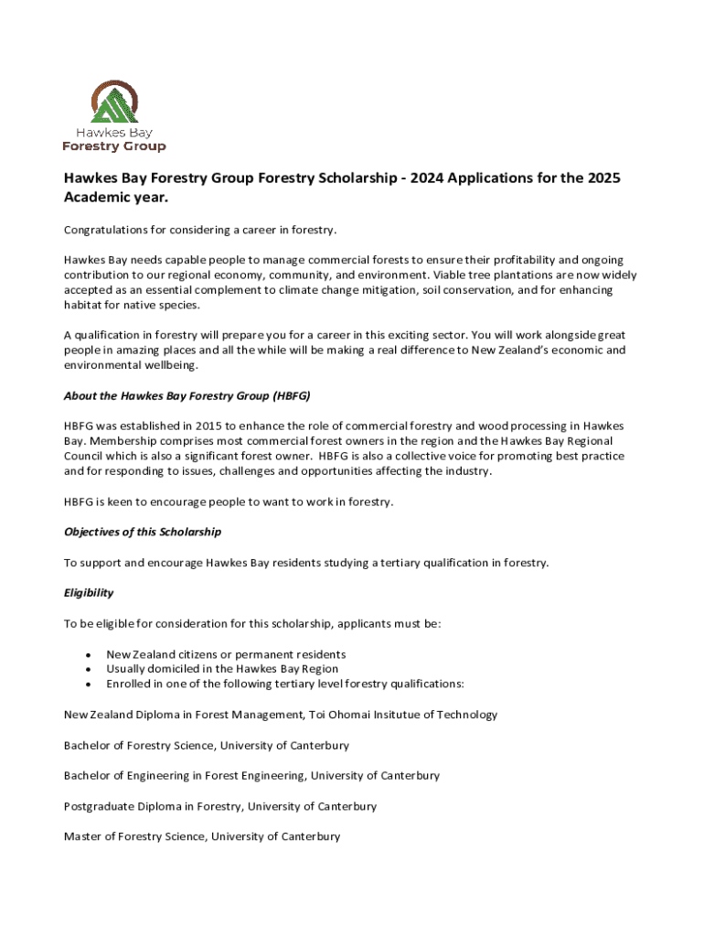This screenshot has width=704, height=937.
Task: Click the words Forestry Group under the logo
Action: (x=114, y=146)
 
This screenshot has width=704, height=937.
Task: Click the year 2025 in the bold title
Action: (x=602, y=178)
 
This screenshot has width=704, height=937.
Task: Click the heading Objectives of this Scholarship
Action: (x=142, y=532)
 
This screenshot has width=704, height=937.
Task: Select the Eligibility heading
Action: (x=89, y=593)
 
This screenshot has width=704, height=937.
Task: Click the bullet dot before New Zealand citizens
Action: (x=87, y=655)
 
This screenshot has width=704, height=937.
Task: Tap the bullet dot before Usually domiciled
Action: (x=87, y=670)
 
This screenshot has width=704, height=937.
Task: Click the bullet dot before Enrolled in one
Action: (x=87, y=684)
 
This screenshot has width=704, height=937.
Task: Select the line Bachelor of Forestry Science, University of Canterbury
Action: (x=206, y=746)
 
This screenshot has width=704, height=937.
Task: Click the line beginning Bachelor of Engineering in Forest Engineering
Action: (x=251, y=776)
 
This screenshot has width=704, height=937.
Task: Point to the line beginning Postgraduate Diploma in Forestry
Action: (x=219, y=806)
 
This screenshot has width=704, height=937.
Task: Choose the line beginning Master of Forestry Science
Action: (x=201, y=836)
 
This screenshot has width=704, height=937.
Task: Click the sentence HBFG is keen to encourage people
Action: (x=229, y=501)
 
